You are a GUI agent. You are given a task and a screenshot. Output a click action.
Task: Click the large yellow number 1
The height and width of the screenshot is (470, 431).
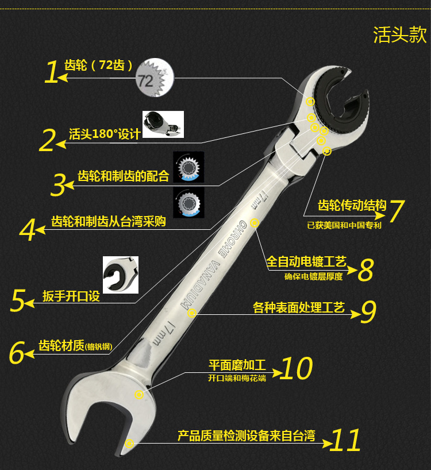[52, 72]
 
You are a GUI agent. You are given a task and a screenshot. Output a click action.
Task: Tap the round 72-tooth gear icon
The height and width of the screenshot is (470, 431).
[155, 78]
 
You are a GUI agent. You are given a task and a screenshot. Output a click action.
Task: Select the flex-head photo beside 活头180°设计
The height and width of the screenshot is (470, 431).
[163, 124]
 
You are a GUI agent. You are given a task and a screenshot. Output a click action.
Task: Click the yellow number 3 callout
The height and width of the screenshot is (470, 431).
[58, 185]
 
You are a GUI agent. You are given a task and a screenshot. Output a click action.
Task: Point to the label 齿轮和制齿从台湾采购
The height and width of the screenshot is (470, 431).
[109, 221]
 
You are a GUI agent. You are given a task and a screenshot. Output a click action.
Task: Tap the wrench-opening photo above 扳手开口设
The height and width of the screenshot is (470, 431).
[121, 275]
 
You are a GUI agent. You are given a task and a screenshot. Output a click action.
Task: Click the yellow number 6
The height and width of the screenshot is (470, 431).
[17, 353]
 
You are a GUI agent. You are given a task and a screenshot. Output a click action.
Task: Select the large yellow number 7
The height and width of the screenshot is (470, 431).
[397, 211]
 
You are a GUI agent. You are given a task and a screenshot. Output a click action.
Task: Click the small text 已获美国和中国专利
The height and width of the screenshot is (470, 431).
[344, 225]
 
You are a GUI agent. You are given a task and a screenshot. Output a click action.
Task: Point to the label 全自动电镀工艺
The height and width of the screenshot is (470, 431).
[306, 261]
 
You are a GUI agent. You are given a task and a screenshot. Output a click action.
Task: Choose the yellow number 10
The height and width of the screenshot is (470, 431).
[296, 368]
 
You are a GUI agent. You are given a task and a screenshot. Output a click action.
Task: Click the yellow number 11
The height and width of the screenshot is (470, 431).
[345, 440]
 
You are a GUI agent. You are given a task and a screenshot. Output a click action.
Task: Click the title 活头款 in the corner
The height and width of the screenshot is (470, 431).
[400, 34]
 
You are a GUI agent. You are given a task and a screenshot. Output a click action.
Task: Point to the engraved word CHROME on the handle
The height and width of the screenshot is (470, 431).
[234, 238]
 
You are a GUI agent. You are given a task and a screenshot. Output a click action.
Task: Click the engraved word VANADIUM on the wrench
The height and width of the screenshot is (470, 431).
[200, 284]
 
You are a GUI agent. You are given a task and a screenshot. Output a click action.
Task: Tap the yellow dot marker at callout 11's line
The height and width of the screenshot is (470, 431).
[129, 444]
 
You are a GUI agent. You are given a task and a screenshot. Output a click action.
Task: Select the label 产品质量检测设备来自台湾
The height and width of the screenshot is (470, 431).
[247, 436]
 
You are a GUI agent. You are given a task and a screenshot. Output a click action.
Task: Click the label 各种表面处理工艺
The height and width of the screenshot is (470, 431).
[298, 307]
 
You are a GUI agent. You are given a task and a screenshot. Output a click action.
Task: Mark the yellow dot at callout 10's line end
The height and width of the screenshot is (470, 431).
[138, 395]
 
